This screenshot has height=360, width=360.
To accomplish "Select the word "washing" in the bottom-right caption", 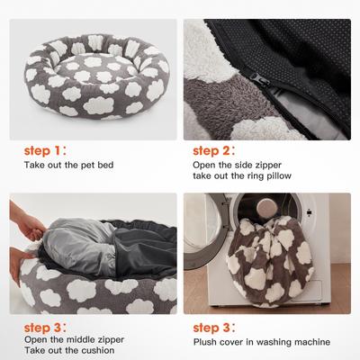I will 265,341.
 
